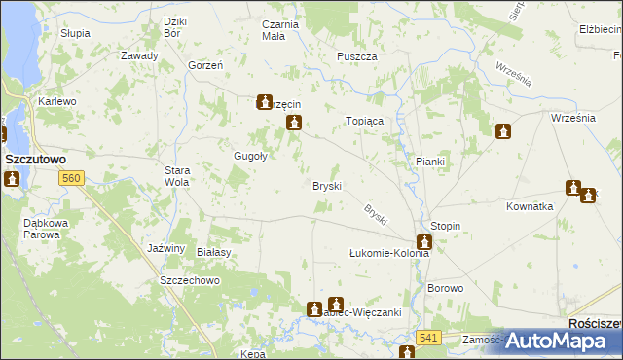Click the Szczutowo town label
pos(35,157)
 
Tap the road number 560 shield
pos(70,178)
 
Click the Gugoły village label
pos(251,156)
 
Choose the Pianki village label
pos(429,162)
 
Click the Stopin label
pos(445,226)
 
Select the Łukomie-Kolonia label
pos(389,253)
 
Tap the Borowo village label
pos(446,289)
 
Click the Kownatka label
pos(530,206)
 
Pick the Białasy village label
pos(213,251)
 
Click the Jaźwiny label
pos(165,248)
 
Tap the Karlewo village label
pos(56,101)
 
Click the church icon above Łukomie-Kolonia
pos(423,242)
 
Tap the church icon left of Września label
pos(502,131)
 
